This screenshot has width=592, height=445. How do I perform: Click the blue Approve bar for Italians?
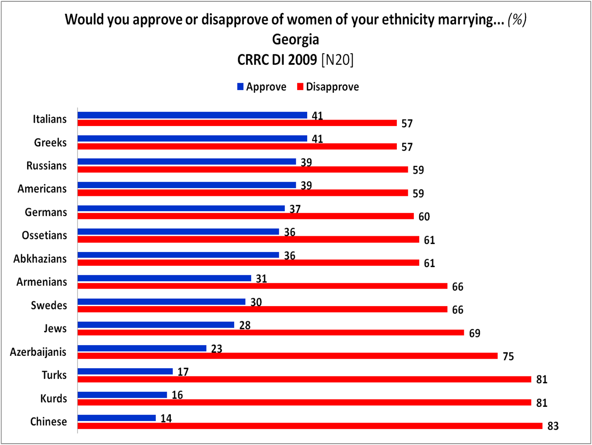click(192, 115)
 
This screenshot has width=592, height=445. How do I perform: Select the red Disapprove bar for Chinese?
click(310, 426)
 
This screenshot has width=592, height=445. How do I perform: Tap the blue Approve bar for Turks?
click(125, 371)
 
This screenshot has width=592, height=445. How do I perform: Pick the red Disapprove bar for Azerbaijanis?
click(288, 356)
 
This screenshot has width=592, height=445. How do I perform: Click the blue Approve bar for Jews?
click(156, 325)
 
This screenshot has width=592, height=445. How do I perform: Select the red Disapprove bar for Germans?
click(246, 216)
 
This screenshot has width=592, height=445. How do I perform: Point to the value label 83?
click(553, 426)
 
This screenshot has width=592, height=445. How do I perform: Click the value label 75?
click(508, 356)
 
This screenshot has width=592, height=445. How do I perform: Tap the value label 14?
click(166, 418)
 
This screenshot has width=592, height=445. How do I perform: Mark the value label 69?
click(475, 333)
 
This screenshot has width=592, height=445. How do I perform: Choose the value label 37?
click(295, 209)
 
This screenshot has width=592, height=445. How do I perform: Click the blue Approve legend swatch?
click(240, 86)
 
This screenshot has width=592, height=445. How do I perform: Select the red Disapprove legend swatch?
click(300, 86)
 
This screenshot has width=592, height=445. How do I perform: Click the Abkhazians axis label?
click(40, 259)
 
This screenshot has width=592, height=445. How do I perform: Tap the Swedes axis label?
click(49, 305)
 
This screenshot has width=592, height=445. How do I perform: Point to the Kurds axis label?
click(54, 398)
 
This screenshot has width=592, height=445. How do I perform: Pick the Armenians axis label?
click(42, 282)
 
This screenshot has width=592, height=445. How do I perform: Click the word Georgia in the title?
click(296, 40)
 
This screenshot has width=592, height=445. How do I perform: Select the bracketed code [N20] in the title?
click(337, 60)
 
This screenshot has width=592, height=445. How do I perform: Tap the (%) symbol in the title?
click(517, 19)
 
